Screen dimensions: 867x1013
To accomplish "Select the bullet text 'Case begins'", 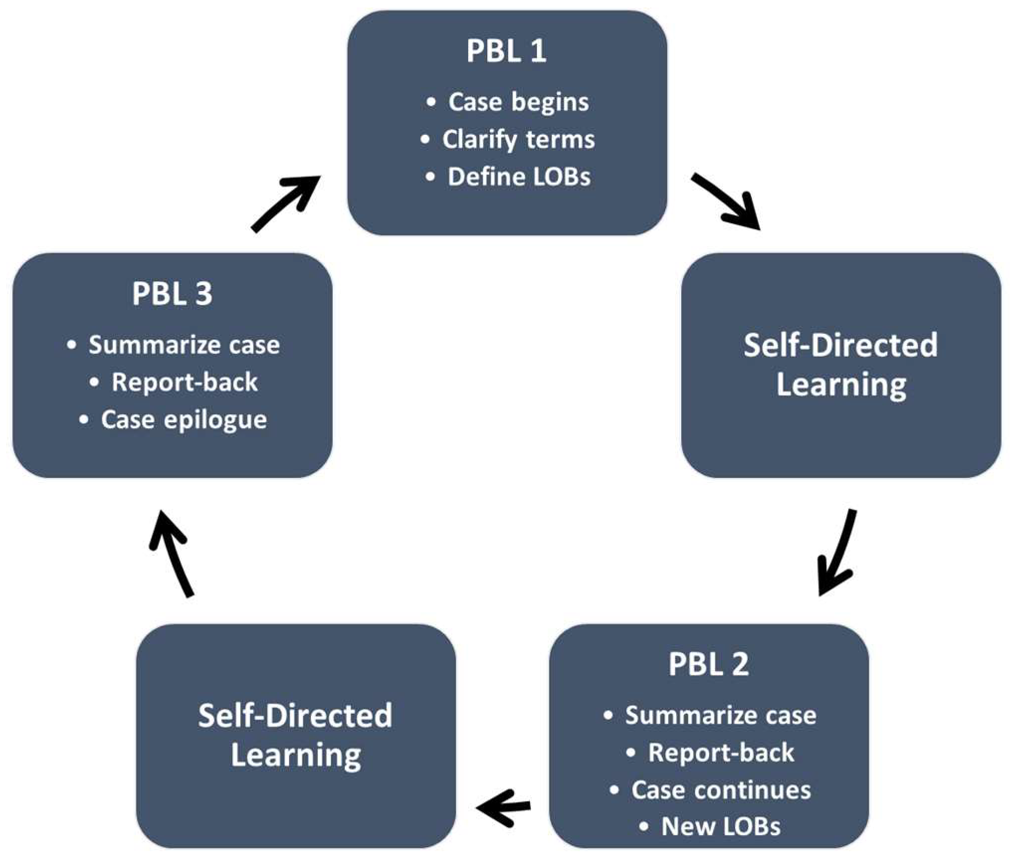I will [x=518, y=102].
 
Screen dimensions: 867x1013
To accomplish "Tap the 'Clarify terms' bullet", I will [x=518, y=139].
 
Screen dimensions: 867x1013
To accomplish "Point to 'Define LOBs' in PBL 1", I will [x=519, y=177].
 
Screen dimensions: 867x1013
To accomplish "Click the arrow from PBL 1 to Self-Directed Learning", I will [x=727, y=201].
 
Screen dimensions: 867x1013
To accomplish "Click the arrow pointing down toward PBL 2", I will [x=837, y=552].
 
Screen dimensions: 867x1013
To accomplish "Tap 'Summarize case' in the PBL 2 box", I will [x=720, y=716].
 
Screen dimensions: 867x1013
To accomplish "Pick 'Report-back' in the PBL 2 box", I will [x=721, y=753].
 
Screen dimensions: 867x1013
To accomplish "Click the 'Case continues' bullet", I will [x=721, y=790].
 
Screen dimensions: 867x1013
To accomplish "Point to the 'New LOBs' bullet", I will [x=721, y=826].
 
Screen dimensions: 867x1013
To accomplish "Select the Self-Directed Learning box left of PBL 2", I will [x=296, y=736].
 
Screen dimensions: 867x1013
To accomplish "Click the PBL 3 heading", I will [x=172, y=293].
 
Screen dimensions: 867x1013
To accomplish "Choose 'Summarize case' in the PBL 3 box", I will [x=184, y=345].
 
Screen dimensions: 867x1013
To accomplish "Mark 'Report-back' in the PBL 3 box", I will [x=184, y=382].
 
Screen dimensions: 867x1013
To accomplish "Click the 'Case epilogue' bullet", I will [x=184, y=419].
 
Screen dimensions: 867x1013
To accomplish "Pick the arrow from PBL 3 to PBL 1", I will [x=285, y=203].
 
